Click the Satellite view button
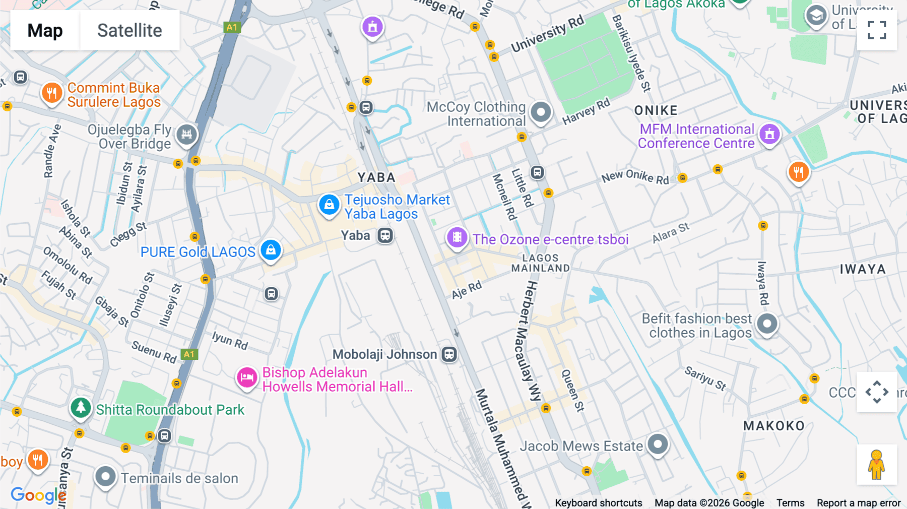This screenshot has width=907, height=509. coord(129,31)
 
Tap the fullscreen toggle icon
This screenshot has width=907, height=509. coord(877,30)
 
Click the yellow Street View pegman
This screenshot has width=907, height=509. coord(876,464)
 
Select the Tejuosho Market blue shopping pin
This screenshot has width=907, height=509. coord(329,205)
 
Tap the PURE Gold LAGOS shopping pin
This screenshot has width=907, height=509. coord(271,250)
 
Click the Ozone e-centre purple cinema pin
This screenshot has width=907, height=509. coord(457,237)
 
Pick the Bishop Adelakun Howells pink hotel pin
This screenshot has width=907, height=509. coord(247,377)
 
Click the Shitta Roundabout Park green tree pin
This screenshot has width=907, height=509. coord(81,407)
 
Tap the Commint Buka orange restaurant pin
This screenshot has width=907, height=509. coord(52,93)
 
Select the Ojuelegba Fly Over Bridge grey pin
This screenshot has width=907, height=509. coord(187,134)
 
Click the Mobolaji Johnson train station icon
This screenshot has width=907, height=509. coord(449,354)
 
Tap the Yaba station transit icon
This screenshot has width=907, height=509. coord(385,235)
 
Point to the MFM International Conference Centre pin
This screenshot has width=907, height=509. coord(769,134)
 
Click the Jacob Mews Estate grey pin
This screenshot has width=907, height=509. coord(658,444)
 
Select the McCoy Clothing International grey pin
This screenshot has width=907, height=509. coord(541,112)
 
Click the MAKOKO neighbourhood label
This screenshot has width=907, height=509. coord(774,426)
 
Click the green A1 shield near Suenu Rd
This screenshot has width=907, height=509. coord(189,354)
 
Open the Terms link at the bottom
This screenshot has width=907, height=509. coord(790,502)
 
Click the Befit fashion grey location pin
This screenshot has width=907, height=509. coord(767,324)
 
